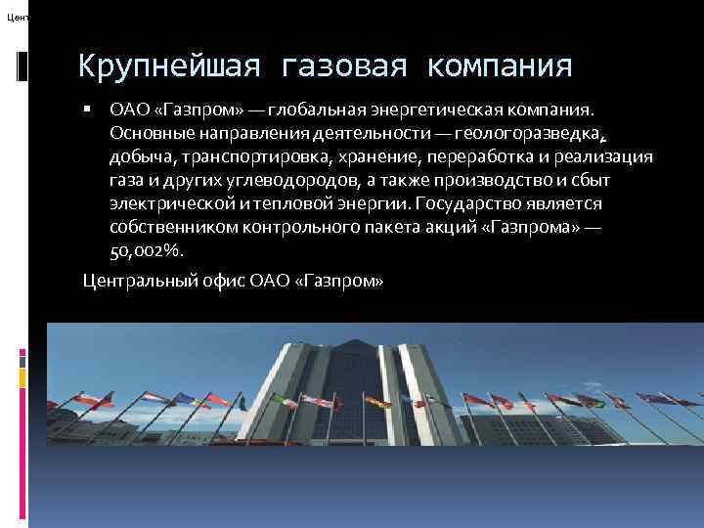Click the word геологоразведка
click(x=543, y=133)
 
